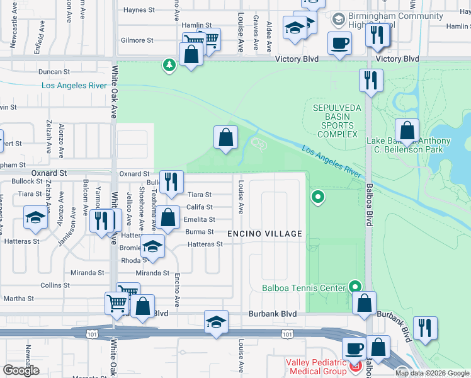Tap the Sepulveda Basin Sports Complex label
(x=338, y=121)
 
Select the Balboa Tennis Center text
(x=304, y=289)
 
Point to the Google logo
(x=20, y=370)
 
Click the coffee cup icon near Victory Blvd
(x=339, y=44)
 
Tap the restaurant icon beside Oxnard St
(x=170, y=182)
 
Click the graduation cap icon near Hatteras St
(x=152, y=246)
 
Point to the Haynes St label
(x=139, y=10)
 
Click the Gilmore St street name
(x=137, y=40)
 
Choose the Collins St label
(x=50, y=285)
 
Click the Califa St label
(x=200, y=207)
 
